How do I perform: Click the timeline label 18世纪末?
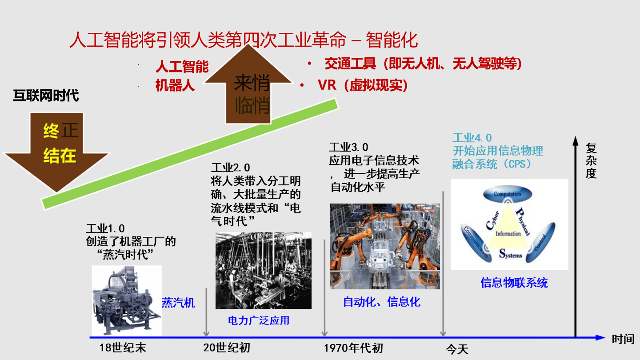tap(123, 348)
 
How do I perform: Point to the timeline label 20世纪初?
tap(227, 348)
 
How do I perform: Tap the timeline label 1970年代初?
tap(353, 348)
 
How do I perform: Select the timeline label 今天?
tap(457, 349)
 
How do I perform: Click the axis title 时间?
tap(623, 339)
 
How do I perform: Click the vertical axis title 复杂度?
tap(591, 161)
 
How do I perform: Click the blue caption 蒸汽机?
tap(178, 303)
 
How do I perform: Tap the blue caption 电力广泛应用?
tap(259, 320)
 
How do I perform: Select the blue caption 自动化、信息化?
tap(382, 302)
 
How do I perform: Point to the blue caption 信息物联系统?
tap(514, 283)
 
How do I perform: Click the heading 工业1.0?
tap(105, 228)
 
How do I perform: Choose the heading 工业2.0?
tap(231, 167)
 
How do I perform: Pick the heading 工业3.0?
tap(348, 147)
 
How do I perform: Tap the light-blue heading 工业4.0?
tap(472, 138)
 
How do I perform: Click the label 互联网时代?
tap(46, 96)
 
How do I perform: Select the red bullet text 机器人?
tap(175, 85)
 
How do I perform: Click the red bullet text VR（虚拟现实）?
tap(363, 85)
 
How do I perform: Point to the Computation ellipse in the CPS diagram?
tap(508, 194)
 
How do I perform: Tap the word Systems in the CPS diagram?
tap(511, 254)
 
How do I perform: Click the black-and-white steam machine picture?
tap(127, 300)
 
